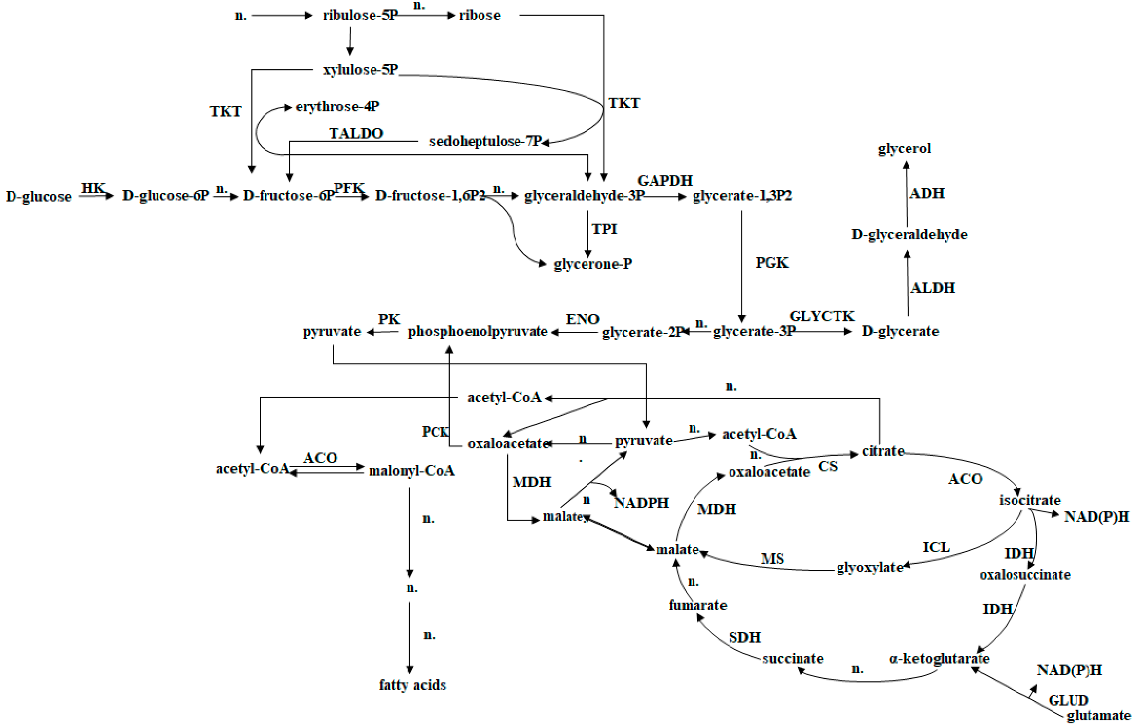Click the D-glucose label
(x=39, y=197)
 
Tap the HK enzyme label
(x=93, y=188)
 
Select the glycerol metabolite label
(x=904, y=149)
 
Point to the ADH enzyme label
(x=927, y=194)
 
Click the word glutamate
(x=1098, y=716)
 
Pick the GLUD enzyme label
(x=1068, y=700)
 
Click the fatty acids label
(x=412, y=684)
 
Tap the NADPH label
(x=641, y=503)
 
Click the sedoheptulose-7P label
(x=485, y=141)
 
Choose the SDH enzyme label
(x=745, y=637)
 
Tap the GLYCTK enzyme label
(x=822, y=316)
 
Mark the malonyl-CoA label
(x=411, y=471)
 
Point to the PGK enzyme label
(x=772, y=262)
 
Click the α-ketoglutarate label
(x=939, y=658)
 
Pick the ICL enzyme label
(x=936, y=547)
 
